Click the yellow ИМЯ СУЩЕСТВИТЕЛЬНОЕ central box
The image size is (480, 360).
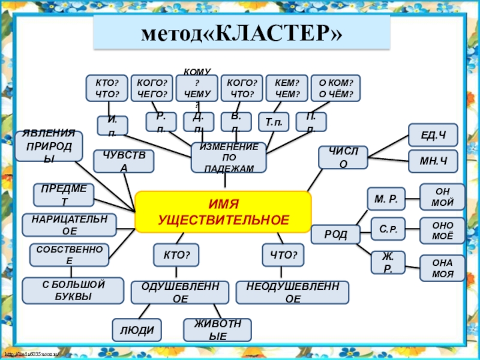coord(223,212)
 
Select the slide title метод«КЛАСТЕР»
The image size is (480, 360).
coord(241,33)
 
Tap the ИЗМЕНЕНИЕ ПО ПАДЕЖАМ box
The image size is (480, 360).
coord(229,158)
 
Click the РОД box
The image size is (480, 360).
coord(335,235)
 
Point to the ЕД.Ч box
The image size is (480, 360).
coord(433,135)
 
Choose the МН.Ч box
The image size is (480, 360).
coord(433,161)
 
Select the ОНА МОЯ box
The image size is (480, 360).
coord(442,268)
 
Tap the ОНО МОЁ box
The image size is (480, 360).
coord(442,230)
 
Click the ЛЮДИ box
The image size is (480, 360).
coord(137,329)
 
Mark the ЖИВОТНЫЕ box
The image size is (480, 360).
coord(217,330)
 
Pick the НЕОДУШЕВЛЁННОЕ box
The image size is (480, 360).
coord(293,292)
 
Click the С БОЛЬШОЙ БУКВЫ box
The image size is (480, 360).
coord(73,290)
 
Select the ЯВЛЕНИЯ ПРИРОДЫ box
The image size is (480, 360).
coord(49,146)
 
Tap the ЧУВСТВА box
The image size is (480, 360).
coord(124,162)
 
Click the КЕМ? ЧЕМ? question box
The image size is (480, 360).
coord(287,88)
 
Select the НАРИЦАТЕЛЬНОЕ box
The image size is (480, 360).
coord(69,224)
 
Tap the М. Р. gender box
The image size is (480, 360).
coord(386,198)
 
